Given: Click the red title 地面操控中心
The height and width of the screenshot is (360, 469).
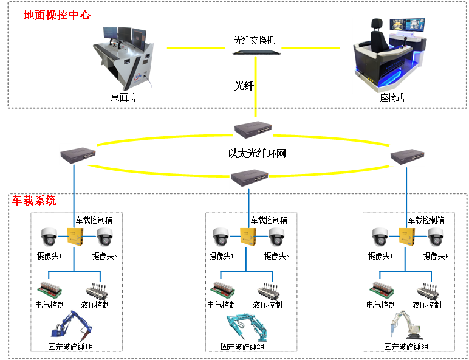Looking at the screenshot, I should click(x=57, y=15).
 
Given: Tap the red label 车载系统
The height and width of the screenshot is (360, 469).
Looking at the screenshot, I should click(x=35, y=201).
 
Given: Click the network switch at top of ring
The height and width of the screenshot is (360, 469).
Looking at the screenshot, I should click(x=253, y=128).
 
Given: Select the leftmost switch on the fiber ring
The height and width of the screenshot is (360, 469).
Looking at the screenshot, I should click(x=78, y=154).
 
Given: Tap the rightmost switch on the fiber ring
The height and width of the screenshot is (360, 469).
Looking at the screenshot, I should click(x=406, y=157).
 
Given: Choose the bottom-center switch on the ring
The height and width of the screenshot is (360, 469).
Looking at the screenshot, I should click(x=250, y=178).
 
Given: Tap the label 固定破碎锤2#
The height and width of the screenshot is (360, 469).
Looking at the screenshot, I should click(x=243, y=347).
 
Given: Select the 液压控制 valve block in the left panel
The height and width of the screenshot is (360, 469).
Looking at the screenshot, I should click(x=95, y=288).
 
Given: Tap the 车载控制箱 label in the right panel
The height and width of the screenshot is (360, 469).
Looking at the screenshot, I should click(x=426, y=220).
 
